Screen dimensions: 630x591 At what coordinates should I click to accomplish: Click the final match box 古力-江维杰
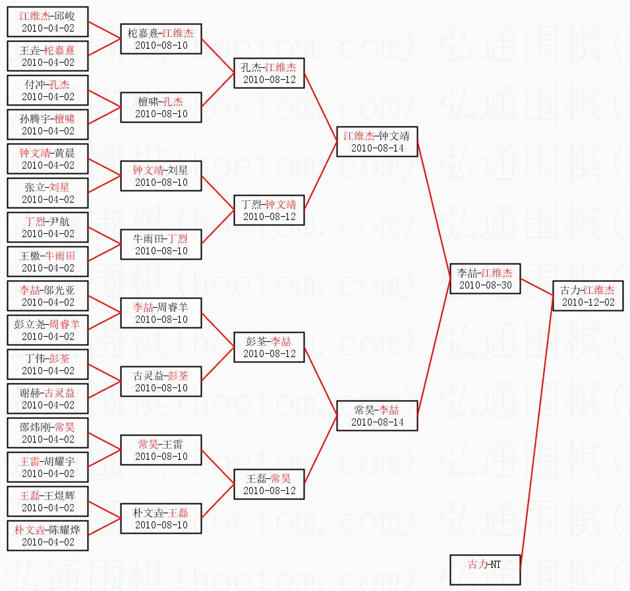point(587,296)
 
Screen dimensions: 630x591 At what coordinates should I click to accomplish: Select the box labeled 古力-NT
point(486,569)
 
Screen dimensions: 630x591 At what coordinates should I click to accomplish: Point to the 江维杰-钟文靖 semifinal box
point(376,142)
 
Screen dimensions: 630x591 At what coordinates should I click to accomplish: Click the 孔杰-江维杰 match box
point(269,73)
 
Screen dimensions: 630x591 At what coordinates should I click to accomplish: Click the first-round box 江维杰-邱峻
point(47,22)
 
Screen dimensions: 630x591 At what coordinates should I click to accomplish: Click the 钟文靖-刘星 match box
point(161,176)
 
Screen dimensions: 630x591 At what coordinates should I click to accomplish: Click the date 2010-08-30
point(486,285)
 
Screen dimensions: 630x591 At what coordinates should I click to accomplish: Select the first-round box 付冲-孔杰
point(47,90)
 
